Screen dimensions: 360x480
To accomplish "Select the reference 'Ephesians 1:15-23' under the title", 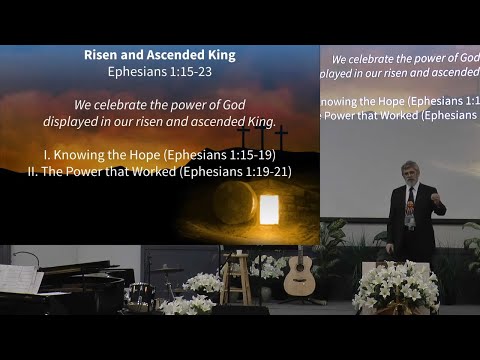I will [x=159, y=72].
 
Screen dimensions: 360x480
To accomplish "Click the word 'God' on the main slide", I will [x=232, y=105].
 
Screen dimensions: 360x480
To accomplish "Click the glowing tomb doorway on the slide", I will [x=268, y=209].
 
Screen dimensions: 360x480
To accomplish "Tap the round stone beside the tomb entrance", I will [x=232, y=203].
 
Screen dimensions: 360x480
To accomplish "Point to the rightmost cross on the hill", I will [x=281, y=136].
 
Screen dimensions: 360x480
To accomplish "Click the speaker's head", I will [x=410, y=172].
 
